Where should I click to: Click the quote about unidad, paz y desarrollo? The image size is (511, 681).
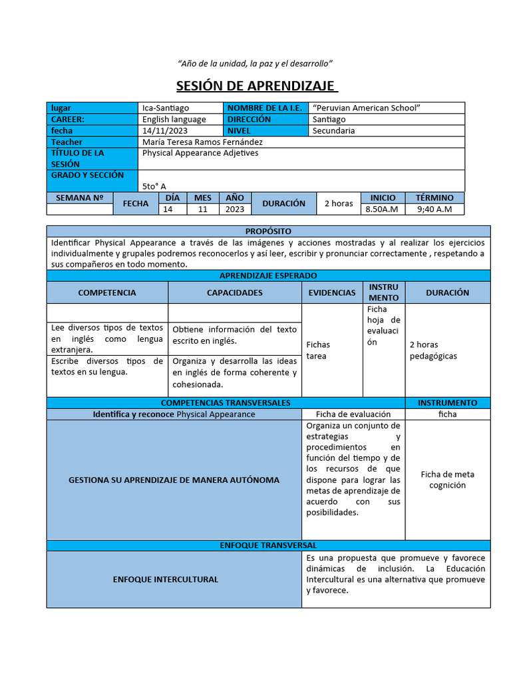pos(255,63)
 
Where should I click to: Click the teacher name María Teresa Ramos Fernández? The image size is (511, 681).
pos(202,142)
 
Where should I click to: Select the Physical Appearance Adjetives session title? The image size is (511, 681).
pos(200,153)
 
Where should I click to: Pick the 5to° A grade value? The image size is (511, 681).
pos(154,186)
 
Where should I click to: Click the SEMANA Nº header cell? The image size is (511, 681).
pos(79,198)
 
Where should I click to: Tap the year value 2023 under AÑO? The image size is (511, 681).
pos(234,209)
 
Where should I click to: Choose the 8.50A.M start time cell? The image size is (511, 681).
pos(382,209)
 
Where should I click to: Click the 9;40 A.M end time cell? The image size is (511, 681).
pos(434,209)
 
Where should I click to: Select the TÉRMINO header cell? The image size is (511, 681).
pos(434,198)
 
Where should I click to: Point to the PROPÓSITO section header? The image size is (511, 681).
pos(268,231)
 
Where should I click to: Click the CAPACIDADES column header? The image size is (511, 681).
pos(234,293)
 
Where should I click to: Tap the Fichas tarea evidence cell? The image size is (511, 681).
pos(318,350)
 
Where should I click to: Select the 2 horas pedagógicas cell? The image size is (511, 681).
pos(433,350)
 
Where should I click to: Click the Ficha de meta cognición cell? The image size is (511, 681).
pos(447,479)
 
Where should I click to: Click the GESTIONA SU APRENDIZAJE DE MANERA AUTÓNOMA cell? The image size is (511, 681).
pos(174,479)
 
